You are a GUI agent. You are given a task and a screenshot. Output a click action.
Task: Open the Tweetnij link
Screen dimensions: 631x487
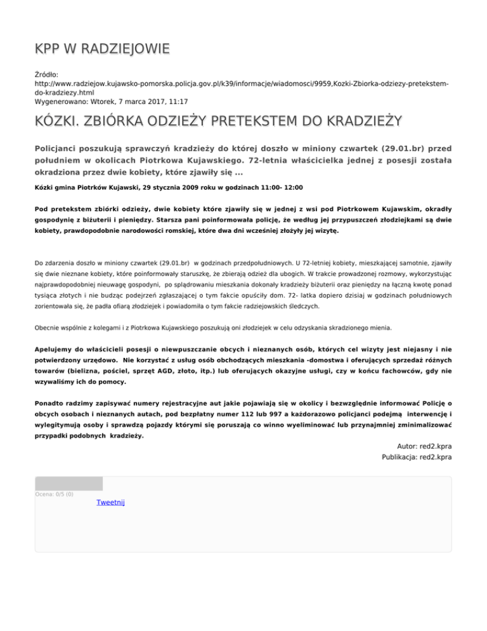tap(111, 502)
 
